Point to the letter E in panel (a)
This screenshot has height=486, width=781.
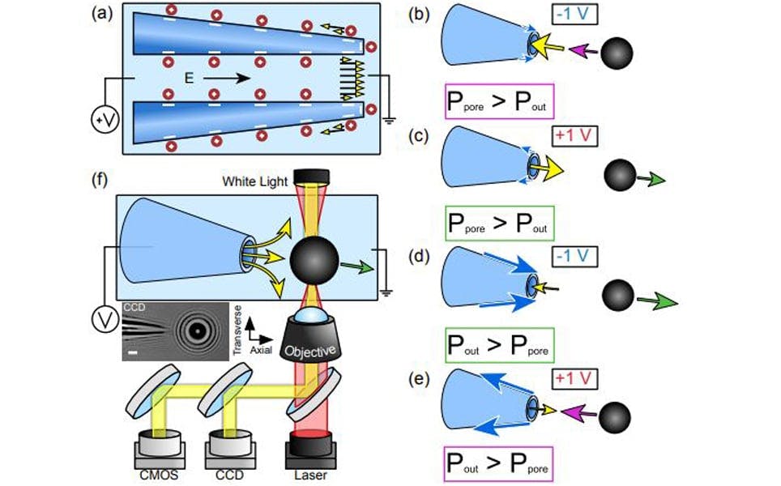pyautogui.click(x=186, y=78)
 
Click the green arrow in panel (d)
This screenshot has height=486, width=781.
pyautogui.click(x=655, y=302)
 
